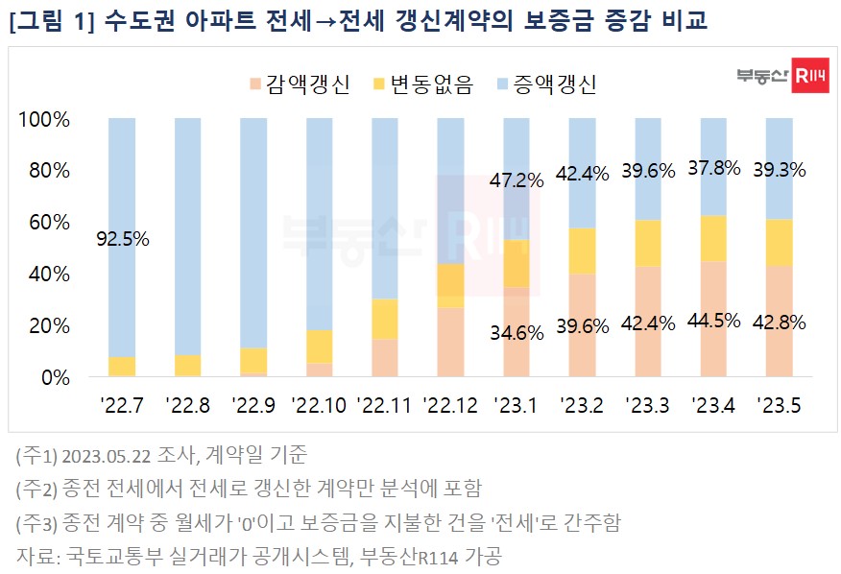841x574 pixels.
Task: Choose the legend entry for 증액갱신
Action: tap(541, 84)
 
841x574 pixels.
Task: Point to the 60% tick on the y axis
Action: tap(44, 223)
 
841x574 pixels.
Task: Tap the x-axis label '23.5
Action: tap(779, 404)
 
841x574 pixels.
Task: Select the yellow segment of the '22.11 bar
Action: tap(384, 319)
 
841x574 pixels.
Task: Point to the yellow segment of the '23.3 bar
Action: tap(647, 243)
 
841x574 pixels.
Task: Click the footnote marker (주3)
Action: tap(35, 522)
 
